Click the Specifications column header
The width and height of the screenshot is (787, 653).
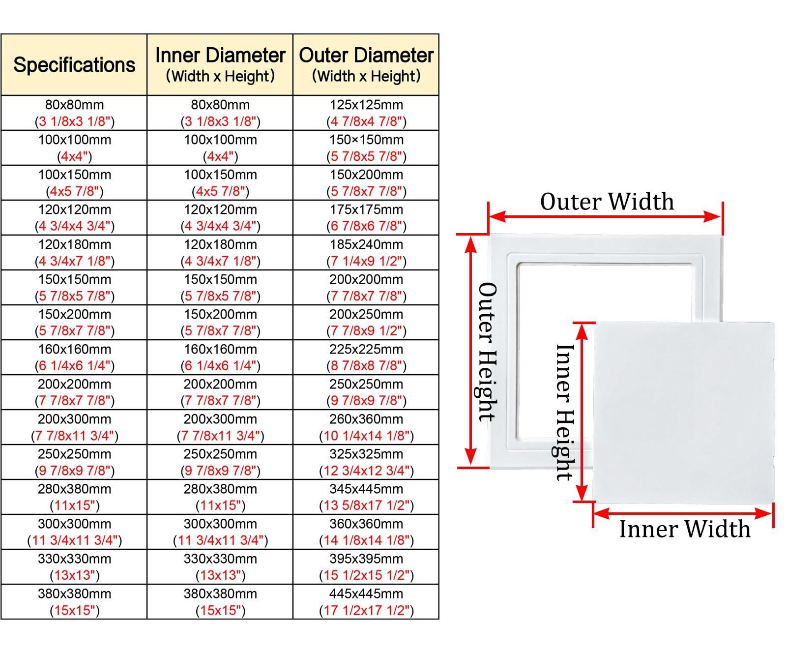click(x=74, y=64)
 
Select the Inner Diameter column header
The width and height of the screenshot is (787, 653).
click(x=220, y=64)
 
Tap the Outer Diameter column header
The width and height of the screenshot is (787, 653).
click(x=366, y=64)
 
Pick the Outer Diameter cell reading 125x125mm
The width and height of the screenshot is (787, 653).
click(x=366, y=113)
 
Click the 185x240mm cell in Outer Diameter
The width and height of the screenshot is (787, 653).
click(x=366, y=252)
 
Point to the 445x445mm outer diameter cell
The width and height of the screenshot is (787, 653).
click(x=366, y=601)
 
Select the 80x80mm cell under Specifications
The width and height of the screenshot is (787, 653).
click(x=74, y=113)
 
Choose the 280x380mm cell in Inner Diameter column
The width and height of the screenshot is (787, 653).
click(x=220, y=497)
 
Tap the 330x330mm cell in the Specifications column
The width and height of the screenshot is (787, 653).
click(x=74, y=566)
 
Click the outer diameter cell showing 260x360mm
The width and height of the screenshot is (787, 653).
click(x=366, y=427)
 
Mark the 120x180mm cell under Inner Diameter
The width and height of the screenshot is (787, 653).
click(x=220, y=252)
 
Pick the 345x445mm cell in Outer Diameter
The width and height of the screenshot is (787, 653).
click(x=366, y=497)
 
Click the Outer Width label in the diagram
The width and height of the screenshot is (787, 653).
click(x=607, y=202)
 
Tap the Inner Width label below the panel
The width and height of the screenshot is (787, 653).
click(x=685, y=529)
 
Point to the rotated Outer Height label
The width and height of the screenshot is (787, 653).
click(x=487, y=352)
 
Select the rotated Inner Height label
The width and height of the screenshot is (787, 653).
click(x=564, y=412)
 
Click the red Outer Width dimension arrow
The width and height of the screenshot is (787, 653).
click(x=605, y=216)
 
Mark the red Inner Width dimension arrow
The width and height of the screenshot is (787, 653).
click(x=683, y=514)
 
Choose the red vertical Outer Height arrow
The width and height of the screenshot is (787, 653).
click(x=471, y=351)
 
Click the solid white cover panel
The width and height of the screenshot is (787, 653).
click(x=684, y=413)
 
